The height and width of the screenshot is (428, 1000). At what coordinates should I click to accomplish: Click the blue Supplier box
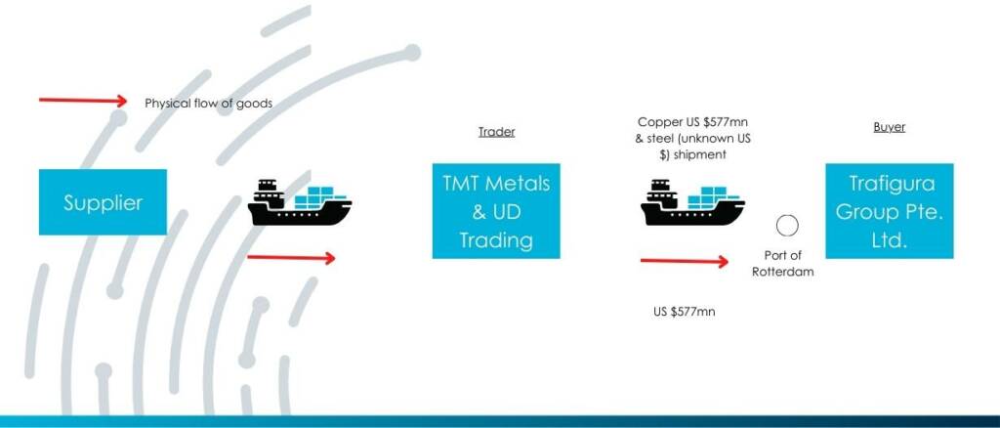point(103,202)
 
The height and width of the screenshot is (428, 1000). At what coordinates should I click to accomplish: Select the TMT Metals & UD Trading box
point(496,211)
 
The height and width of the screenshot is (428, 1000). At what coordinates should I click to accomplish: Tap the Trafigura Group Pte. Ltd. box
point(889,211)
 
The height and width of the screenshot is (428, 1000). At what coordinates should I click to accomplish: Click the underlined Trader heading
point(497,132)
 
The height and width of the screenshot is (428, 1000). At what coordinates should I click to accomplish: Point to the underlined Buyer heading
point(889,127)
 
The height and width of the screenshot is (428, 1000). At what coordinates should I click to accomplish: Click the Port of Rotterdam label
point(782,264)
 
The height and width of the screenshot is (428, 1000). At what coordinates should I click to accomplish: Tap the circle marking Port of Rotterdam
point(787,226)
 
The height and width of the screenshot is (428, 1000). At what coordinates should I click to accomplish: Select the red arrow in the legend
point(83,100)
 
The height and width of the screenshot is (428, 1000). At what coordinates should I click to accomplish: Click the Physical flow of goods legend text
point(209,103)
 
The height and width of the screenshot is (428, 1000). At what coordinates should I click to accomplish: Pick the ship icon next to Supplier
point(299,202)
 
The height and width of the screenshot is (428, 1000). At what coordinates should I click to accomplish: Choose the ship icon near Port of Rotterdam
point(692,202)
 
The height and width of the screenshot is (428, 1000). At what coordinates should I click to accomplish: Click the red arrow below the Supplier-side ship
point(291,258)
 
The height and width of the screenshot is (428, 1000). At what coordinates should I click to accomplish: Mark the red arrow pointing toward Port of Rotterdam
point(684,261)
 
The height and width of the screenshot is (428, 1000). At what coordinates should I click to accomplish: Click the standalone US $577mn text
point(684,312)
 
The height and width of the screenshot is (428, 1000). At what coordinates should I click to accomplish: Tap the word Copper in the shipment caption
point(657,122)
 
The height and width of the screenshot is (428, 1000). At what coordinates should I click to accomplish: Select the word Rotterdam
point(782,272)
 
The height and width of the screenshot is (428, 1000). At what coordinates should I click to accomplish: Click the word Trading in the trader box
point(496,241)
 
